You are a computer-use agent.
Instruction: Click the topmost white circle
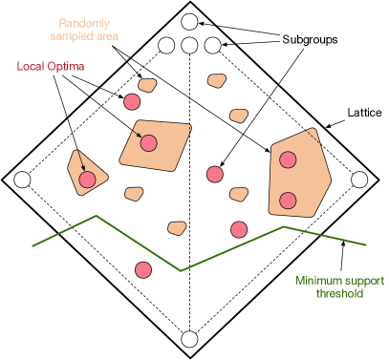click(x=189, y=22)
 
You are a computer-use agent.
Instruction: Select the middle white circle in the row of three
click(x=189, y=45)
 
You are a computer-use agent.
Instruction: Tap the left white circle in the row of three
click(x=167, y=45)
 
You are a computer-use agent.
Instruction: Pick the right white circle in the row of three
click(x=212, y=45)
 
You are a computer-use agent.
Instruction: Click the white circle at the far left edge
click(x=22, y=180)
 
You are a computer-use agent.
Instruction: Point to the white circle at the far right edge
click(x=359, y=180)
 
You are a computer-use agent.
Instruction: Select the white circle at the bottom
click(x=189, y=339)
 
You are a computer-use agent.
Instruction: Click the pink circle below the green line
click(x=143, y=270)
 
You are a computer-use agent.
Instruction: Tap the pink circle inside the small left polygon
click(x=87, y=180)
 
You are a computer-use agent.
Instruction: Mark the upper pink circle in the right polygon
click(x=288, y=159)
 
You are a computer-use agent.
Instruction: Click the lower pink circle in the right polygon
click(x=288, y=201)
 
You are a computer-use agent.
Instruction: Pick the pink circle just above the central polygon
click(x=132, y=101)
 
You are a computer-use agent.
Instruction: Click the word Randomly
click(x=84, y=23)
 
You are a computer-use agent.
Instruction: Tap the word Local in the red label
click(x=32, y=67)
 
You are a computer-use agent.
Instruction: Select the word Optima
click(x=66, y=67)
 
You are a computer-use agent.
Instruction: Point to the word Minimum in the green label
click(x=318, y=281)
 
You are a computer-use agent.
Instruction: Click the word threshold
click(x=339, y=294)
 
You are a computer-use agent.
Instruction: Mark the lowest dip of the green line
click(x=182, y=271)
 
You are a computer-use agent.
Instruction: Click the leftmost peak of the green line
click(x=96, y=216)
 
